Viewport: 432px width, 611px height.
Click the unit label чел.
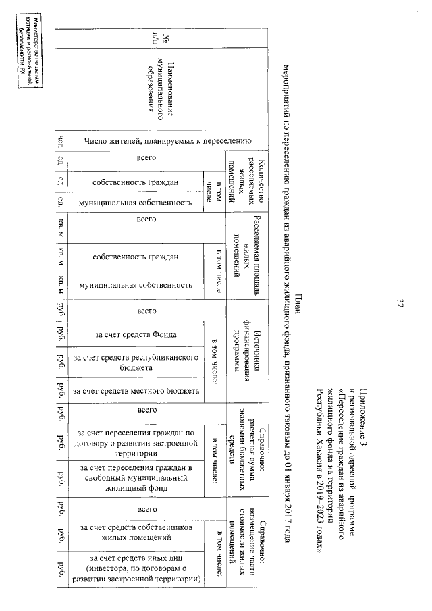click(61, 141)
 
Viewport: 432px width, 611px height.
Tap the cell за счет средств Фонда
click(138, 334)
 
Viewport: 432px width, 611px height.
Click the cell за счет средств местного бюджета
click(138, 391)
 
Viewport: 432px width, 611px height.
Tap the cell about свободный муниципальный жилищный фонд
click(138, 478)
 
